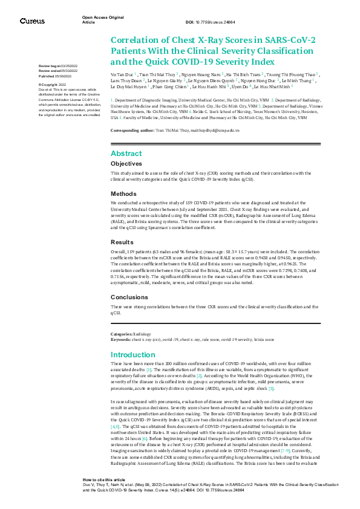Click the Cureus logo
click(x=32, y=21)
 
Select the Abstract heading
click(x=126, y=154)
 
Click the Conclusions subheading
click(x=128, y=297)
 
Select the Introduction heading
click(x=133, y=355)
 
